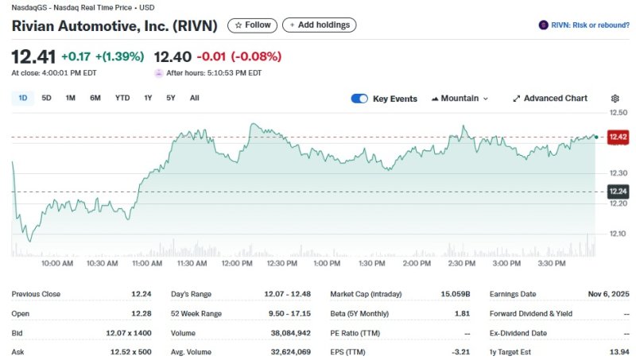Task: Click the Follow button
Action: pyautogui.click(x=252, y=25)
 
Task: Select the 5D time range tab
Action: pyautogui.click(x=46, y=98)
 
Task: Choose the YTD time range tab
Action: pyautogui.click(x=122, y=98)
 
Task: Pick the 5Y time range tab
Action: pyautogui.click(x=170, y=98)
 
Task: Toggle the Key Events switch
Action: pyautogui.click(x=359, y=99)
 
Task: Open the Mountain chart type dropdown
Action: pyautogui.click(x=460, y=99)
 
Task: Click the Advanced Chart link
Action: pyautogui.click(x=550, y=99)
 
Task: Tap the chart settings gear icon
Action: pyautogui.click(x=615, y=99)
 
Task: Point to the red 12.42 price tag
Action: pyautogui.click(x=618, y=137)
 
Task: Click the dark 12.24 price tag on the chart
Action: pyautogui.click(x=618, y=192)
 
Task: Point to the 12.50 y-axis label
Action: pyautogui.click(x=618, y=113)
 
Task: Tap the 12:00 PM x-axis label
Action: pyautogui.click(x=236, y=263)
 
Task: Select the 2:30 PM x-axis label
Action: pyautogui.click(x=461, y=263)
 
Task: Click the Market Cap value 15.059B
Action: pyautogui.click(x=454, y=294)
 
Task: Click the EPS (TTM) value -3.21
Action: pyautogui.click(x=460, y=351)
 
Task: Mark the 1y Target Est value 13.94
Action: pyautogui.click(x=619, y=351)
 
